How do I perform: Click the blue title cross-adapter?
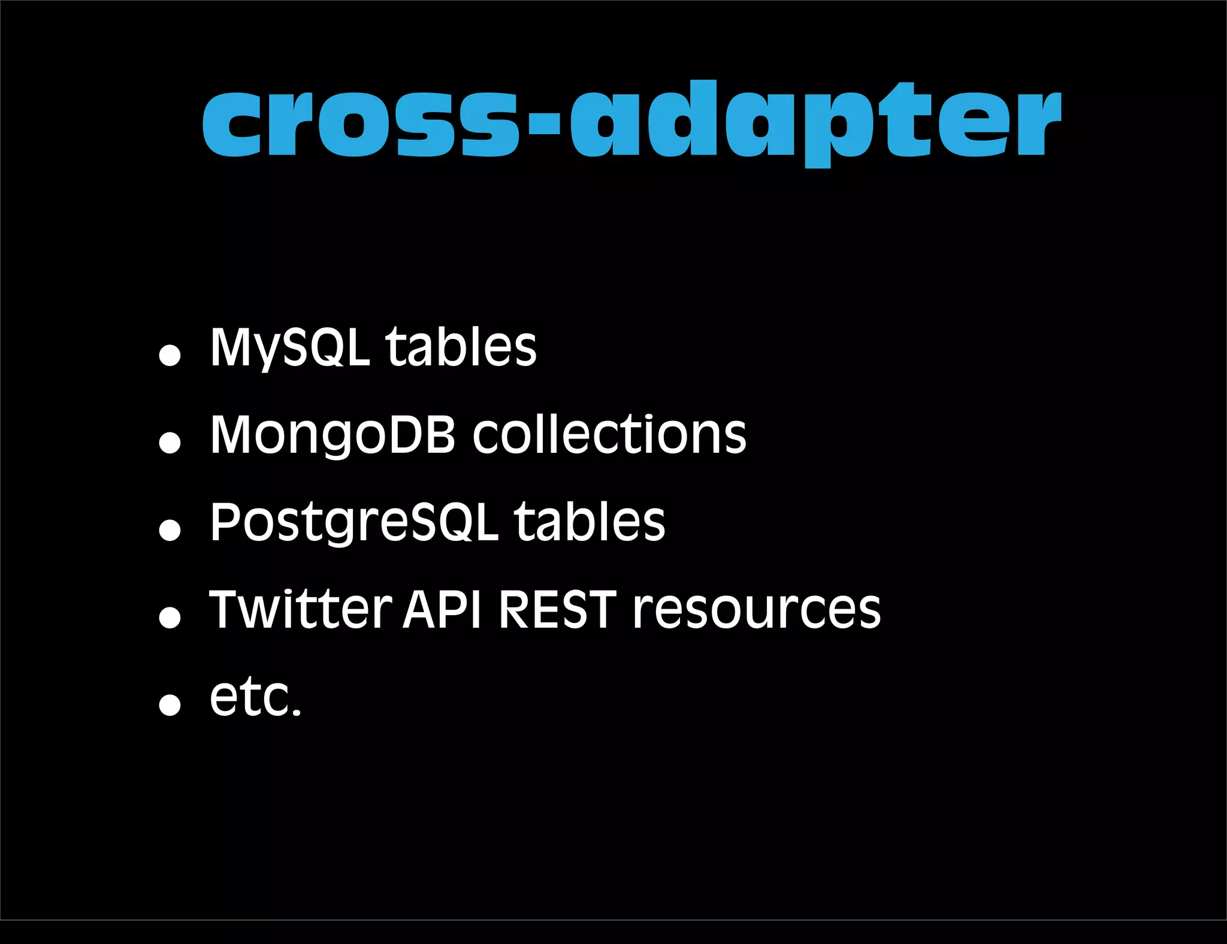632,123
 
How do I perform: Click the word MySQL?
289,347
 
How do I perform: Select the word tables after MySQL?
461,347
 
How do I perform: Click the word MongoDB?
333,435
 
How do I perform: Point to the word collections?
609,434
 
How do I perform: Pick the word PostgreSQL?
353,522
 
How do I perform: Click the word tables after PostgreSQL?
590,522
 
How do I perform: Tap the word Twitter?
300,610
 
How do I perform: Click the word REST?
557,610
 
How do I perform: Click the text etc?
256,698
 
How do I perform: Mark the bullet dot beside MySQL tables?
170,355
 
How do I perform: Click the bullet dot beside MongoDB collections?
170,443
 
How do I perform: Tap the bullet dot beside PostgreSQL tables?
170,530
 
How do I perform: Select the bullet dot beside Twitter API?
170,618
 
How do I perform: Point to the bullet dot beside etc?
170,705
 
